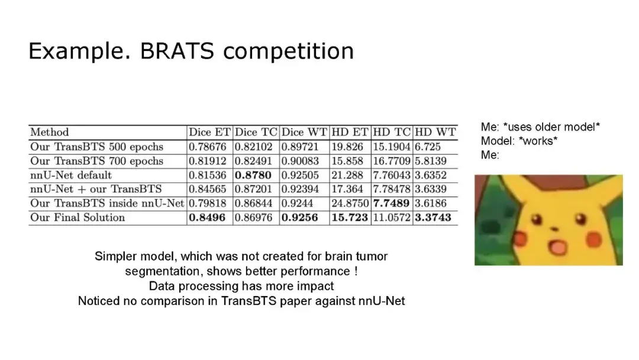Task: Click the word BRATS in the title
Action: [177, 51]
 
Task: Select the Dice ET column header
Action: [209, 132]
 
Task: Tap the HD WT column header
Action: [435, 132]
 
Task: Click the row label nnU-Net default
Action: [71, 175]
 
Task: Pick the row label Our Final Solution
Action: [78, 217]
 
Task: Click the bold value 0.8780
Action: [253, 175]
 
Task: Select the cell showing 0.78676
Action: [208, 147]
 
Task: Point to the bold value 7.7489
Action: [391, 203]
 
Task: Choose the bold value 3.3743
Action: [433, 217]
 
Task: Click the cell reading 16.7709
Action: [392, 161]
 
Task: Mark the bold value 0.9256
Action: [299, 217]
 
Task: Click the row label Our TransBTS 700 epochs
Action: [96, 161]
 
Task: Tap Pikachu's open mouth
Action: [557, 246]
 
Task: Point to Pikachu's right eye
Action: [580, 219]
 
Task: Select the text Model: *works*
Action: [519, 141]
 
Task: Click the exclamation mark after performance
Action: [356, 271]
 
